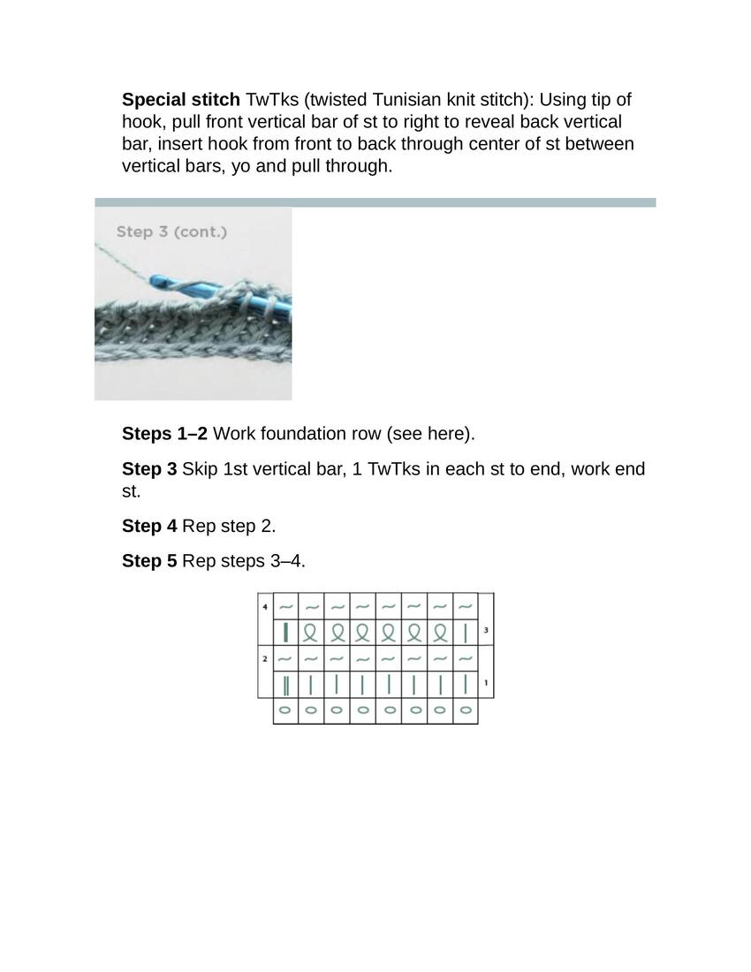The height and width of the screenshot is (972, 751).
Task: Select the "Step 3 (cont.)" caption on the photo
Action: [171, 232]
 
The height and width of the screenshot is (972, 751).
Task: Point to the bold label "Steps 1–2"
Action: [165, 434]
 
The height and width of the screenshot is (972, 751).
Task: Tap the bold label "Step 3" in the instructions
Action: [149, 469]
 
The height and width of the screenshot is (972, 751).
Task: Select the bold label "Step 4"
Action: [149, 527]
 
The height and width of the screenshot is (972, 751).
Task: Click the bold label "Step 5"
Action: [149, 561]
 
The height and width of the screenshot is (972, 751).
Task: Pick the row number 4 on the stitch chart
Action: [265, 607]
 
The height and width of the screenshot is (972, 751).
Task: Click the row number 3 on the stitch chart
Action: [486, 631]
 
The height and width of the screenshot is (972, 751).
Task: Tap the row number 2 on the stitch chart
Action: [265, 659]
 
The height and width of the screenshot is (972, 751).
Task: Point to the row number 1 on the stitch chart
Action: [486, 683]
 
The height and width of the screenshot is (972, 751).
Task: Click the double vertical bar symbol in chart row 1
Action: [285, 684]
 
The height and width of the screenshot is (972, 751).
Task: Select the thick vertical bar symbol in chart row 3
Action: [285, 632]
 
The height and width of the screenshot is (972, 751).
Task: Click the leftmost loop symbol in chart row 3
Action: [310, 632]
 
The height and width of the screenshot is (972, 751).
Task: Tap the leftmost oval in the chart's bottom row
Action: [285, 710]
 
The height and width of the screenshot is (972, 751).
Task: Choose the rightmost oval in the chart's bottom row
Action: [465, 710]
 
